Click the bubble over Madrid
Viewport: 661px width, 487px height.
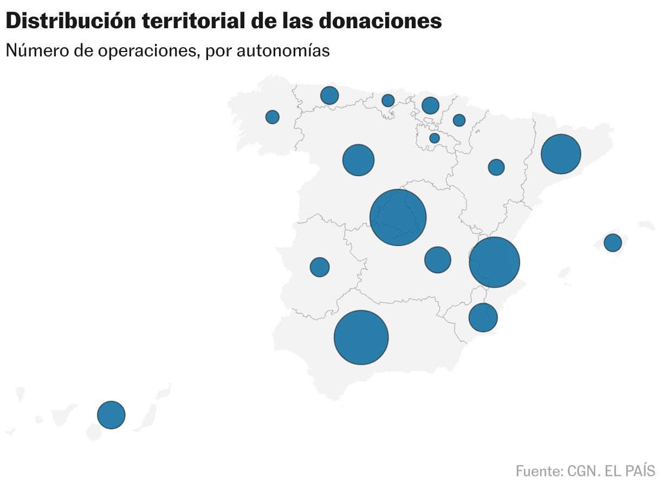click(x=398, y=217)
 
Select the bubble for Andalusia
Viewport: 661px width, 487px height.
click(x=361, y=337)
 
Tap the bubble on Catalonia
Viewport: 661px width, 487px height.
click(x=561, y=154)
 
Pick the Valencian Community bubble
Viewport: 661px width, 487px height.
click(x=495, y=262)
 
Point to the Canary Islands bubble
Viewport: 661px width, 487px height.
click(x=111, y=415)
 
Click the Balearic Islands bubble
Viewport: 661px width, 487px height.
click(x=613, y=242)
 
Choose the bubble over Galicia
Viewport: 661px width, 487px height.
click(x=273, y=117)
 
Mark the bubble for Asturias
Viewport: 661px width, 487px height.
click(x=329, y=95)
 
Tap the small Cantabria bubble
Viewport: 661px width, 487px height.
click(x=388, y=100)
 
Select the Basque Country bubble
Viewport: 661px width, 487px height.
click(x=430, y=105)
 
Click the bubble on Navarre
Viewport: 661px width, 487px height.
click(x=459, y=120)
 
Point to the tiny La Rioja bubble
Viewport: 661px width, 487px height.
click(x=435, y=138)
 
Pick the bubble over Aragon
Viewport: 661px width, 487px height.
click(x=496, y=167)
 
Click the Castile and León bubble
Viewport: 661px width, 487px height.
click(x=359, y=160)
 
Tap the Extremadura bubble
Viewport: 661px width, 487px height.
click(x=320, y=267)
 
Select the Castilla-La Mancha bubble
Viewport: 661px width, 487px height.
click(x=438, y=260)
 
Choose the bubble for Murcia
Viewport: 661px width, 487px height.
click(x=483, y=317)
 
